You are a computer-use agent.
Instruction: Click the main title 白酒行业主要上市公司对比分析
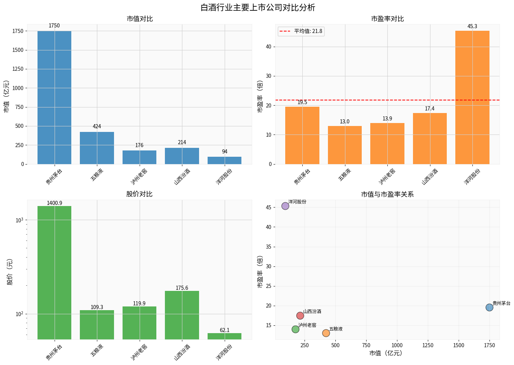pyautogui.click(x=258, y=7)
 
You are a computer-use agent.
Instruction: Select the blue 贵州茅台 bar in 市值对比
pyautogui.click(x=54, y=97)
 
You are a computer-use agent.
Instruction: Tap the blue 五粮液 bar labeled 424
pyautogui.click(x=97, y=148)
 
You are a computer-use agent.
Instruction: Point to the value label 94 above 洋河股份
pyautogui.click(x=225, y=152)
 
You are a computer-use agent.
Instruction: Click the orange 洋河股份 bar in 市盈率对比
pyautogui.click(x=472, y=97)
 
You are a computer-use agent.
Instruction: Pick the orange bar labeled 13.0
pyautogui.click(x=345, y=145)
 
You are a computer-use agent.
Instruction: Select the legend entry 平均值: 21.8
pyautogui.click(x=301, y=31)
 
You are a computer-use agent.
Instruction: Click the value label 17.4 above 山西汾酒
pyautogui.click(x=430, y=109)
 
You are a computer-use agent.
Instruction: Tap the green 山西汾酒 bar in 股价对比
pyautogui.click(x=182, y=315)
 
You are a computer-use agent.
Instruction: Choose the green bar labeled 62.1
pyautogui.click(x=225, y=336)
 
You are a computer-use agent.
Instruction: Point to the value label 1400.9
pyautogui.click(x=54, y=203)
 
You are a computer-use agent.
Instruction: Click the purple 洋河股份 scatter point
pyautogui.click(x=285, y=206)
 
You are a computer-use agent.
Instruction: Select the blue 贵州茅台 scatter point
pyautogui.click(x=489, y=307)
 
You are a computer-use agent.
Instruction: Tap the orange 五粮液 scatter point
pyautogui.click(x=326, y=333)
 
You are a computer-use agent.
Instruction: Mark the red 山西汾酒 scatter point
pyautogui.click(x=300, y=316)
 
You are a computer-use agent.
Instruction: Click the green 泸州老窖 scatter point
pyautogui.click(x=295, y=329)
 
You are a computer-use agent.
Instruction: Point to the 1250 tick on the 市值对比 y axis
pyautogui.click(x=18, y=69)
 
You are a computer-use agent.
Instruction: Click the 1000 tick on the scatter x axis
pyautogui.click(x=397, y=345)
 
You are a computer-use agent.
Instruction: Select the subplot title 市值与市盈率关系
pyautogui.click(x=387, y=194)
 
